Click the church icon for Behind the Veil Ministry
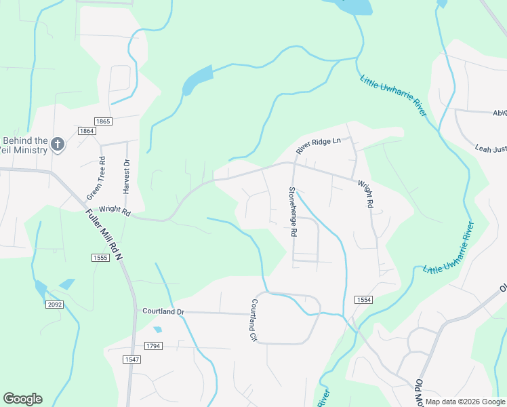click(58, 144)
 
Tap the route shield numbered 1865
click(103, 121)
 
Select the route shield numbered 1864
click(86, 131)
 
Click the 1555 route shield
click(100, 258)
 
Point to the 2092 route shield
click(55, 305)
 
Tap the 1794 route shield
click(153, 346)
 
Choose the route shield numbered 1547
click(132, 359)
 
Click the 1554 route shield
click(363, 299)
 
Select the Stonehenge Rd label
click(293, 212)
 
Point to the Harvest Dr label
click(126, 174)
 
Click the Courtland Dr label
click(163, 311)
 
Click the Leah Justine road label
click(491, 148)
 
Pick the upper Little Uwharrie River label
click(392, 96)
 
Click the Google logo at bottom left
click(22, 399)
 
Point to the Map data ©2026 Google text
click(465, 402)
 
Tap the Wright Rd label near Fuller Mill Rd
click(114, 210)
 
